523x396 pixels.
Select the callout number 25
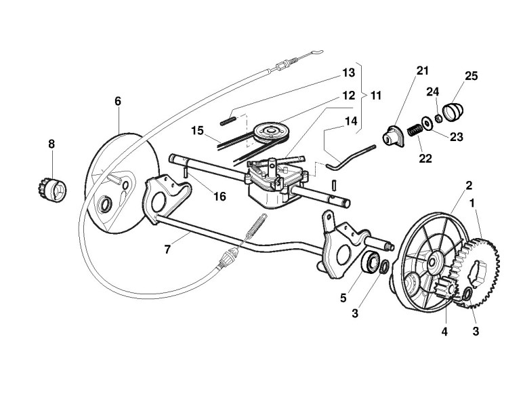471,75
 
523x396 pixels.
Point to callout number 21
423,71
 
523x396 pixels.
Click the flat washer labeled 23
427,123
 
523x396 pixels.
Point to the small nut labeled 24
438,119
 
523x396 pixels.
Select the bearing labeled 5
371,262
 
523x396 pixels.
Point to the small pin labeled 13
228,121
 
